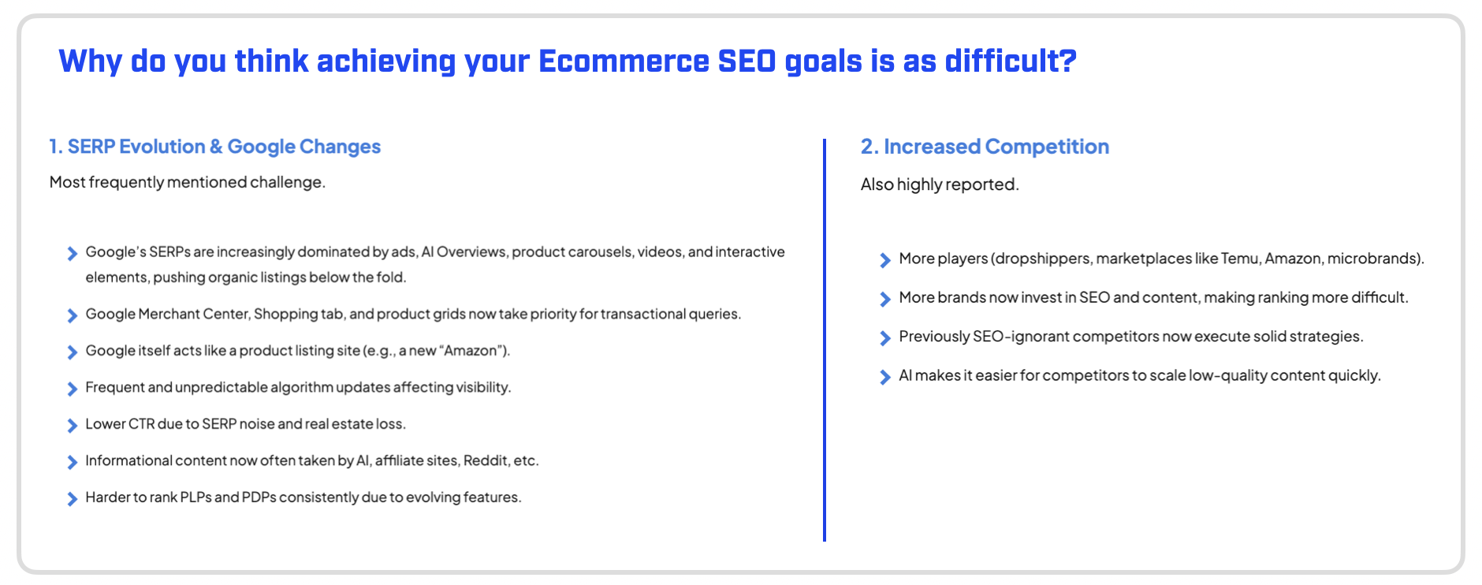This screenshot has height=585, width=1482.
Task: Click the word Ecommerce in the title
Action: (624, 61)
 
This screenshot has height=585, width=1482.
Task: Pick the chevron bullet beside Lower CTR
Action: (72, 425)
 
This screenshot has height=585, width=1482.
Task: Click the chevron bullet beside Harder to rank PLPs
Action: (72, 498)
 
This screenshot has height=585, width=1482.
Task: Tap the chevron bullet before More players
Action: (884, 260)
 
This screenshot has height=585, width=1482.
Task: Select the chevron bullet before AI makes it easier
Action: (884, 377)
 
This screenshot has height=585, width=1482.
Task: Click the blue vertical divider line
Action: (825, 341)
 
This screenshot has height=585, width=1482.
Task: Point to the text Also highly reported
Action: (940, 184)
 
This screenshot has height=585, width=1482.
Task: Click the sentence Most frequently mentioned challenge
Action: (188, 182)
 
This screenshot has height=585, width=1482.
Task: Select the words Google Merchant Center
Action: (168, 314)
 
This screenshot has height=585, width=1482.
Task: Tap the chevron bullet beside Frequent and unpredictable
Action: (72, 389)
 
